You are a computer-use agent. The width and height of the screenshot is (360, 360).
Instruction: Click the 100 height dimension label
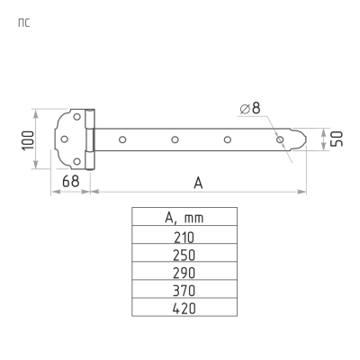[27, 139]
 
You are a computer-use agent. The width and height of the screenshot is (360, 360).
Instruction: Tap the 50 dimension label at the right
[337, 139]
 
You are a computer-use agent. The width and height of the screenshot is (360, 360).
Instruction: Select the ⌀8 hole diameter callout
[249, 109]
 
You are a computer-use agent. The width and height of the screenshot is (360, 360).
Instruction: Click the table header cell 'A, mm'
[184, 217]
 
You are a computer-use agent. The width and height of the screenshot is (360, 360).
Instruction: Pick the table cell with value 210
[184, 237]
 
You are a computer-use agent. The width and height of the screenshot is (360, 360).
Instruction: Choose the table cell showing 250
[184, 255]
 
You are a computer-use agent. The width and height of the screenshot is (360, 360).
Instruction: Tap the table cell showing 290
[184, 273]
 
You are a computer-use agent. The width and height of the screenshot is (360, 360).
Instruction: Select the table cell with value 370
[184, 291]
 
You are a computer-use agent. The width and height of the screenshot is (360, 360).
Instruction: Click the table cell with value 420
[184, 308]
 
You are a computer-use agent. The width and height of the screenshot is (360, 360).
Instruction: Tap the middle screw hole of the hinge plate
[66, 139]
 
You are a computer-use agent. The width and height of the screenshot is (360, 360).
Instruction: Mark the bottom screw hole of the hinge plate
[76, 161]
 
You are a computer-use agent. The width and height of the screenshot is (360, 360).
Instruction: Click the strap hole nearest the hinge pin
[123, 139]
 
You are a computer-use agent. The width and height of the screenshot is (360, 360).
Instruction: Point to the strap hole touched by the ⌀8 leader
[280, 139]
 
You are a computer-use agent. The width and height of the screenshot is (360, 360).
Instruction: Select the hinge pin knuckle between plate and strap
[89, 139]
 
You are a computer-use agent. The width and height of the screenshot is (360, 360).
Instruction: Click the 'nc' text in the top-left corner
[23, 22]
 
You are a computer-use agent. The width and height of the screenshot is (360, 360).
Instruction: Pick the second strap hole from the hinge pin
[175, 139]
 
